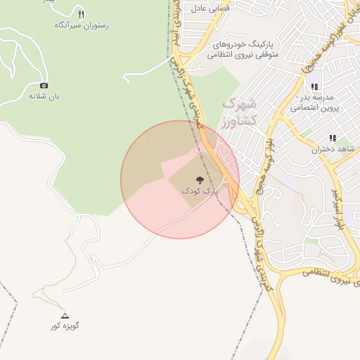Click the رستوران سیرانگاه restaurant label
[x=80, y=25]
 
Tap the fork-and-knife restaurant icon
[x=81, y=14]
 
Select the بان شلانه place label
[x=44, y=96]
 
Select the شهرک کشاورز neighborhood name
[x=240, y=112]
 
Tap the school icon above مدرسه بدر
[x=314, y=86]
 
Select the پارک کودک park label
[x=200, y=191]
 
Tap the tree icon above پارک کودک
[x=200, y=180]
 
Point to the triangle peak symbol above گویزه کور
[x=65, y=316]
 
